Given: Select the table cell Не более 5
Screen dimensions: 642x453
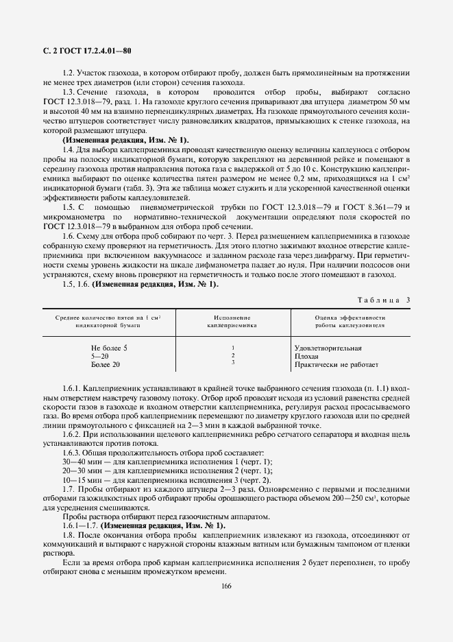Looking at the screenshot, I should [x=109, y=348].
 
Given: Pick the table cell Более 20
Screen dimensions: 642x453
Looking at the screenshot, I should [x=106, y=364].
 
